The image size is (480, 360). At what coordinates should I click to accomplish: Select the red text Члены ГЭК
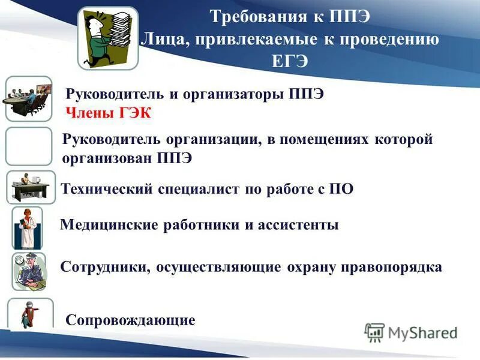[x=109, y=113]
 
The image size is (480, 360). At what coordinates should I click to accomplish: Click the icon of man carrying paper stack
[x=108, y=38]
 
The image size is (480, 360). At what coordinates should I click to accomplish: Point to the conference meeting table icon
[x=28, y=99]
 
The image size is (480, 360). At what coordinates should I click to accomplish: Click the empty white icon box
[x=29, y=146]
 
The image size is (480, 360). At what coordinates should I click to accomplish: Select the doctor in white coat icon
[x=27, y=228]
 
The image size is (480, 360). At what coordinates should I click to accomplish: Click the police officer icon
[x=29, y=271]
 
